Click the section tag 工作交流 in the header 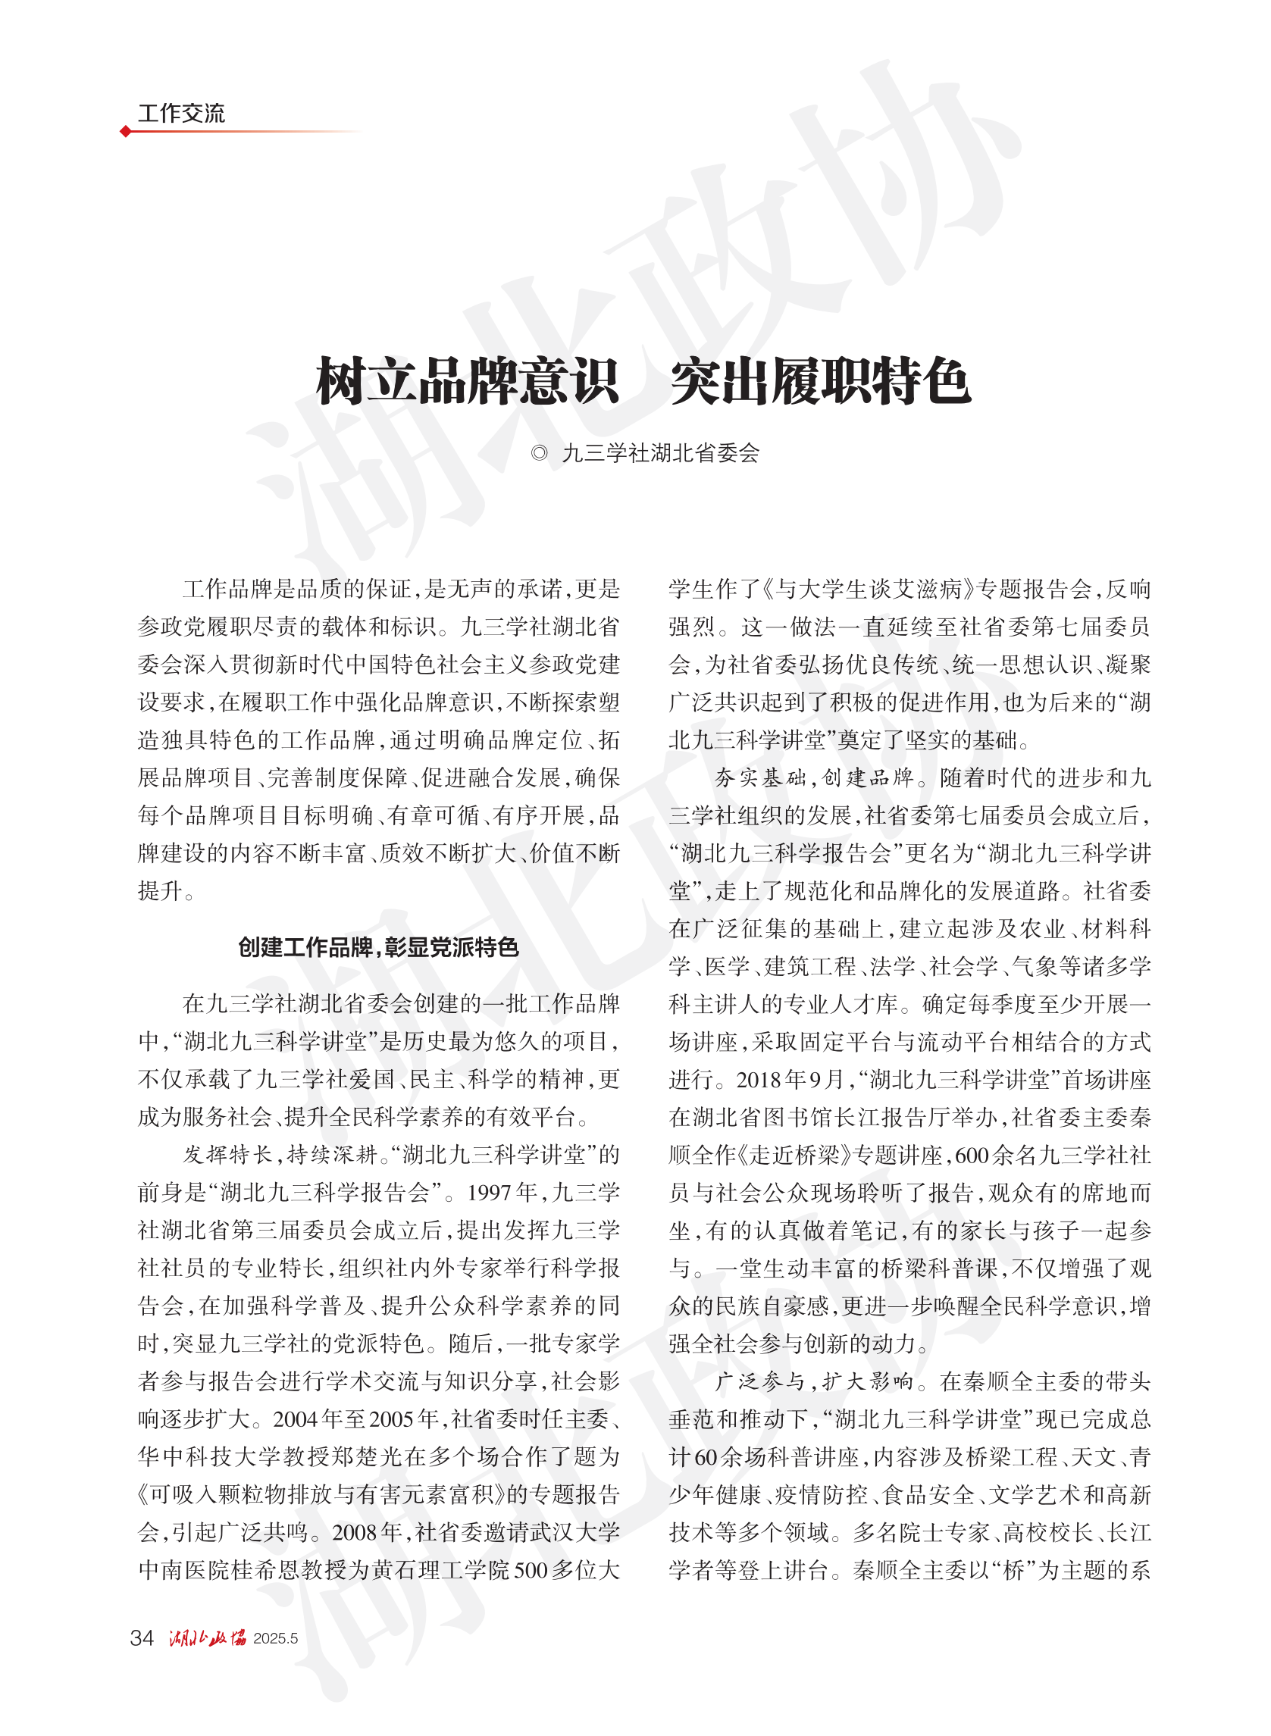pyautogui.click(x=181, y=114)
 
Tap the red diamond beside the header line pyautogui.click(x=125, y=132)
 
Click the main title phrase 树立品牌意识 pyautogui.click(x=467, y=380)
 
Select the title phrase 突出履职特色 pyautogui.click(x=820, y=380)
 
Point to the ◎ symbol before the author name pyautogui.click(x=540, y=453)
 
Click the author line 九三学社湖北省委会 pyautogui.click(x=661, y=453)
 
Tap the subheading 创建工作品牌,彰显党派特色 pyautogui.click(x=378, y=947)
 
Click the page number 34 pyautogui.click(x=142, y=1637)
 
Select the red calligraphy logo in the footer pyautogui.click(x=208, y=1637)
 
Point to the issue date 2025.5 pyautogui.click(x=275, y=1638)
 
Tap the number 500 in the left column pyautogui.click(x=530, y=1570)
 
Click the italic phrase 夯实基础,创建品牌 pyautogui.click(x=812, y=777)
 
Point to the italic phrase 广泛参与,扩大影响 pyautogui.click(x=812, y=1381)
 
